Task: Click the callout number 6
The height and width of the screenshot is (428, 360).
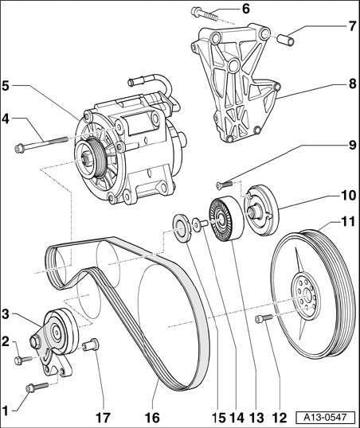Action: tap(246, 9)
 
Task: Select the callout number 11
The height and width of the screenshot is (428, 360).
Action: tap(347, 222)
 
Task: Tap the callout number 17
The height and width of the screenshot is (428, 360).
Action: tap(103, 418)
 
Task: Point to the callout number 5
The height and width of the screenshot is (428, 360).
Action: tap(6, 86)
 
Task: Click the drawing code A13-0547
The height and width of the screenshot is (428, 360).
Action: tap(326, 418)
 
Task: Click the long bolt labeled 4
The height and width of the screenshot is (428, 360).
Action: tap(41, 144)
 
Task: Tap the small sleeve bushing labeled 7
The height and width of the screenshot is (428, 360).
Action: tap(286, 39)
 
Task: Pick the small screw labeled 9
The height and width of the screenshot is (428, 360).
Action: tap(224, 185)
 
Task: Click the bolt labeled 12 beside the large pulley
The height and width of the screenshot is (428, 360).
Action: tap(264, 319)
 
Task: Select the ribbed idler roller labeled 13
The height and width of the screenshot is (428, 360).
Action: tap(225, 219)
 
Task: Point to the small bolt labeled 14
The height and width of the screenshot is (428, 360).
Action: tap(200, 224)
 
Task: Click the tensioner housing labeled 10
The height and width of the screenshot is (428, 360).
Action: tap(260, 210)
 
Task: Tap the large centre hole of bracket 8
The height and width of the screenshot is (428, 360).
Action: tap(233, 66)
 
